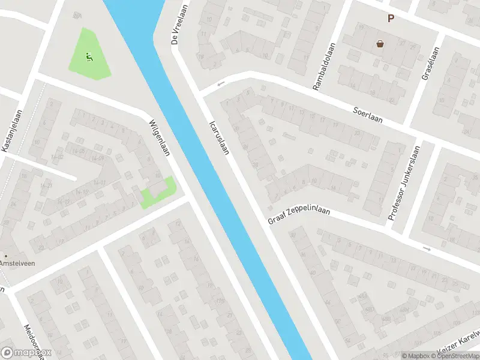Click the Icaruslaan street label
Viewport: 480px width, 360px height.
tap(219, 137)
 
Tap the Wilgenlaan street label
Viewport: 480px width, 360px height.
tap(160, 136)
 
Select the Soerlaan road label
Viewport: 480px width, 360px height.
tap(368, 114)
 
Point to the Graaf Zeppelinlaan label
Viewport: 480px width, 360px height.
tap(299, 211)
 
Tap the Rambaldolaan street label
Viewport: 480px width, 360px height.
tap(322, 70)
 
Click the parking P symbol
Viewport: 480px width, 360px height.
tap(391, 19)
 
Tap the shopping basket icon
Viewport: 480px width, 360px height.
tap(380, 43)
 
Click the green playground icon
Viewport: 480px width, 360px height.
tap(89, 57)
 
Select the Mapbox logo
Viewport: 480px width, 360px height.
tap(26, 353)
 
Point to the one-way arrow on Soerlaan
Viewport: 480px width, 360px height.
tap(221, 83)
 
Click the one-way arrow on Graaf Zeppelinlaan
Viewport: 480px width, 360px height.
tap(427, 248)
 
